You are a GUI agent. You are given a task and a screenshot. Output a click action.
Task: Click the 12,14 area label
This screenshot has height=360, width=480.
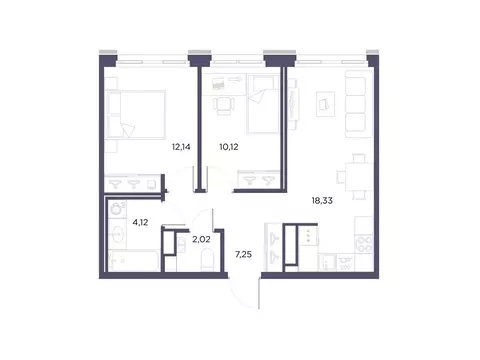pos(181,146)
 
